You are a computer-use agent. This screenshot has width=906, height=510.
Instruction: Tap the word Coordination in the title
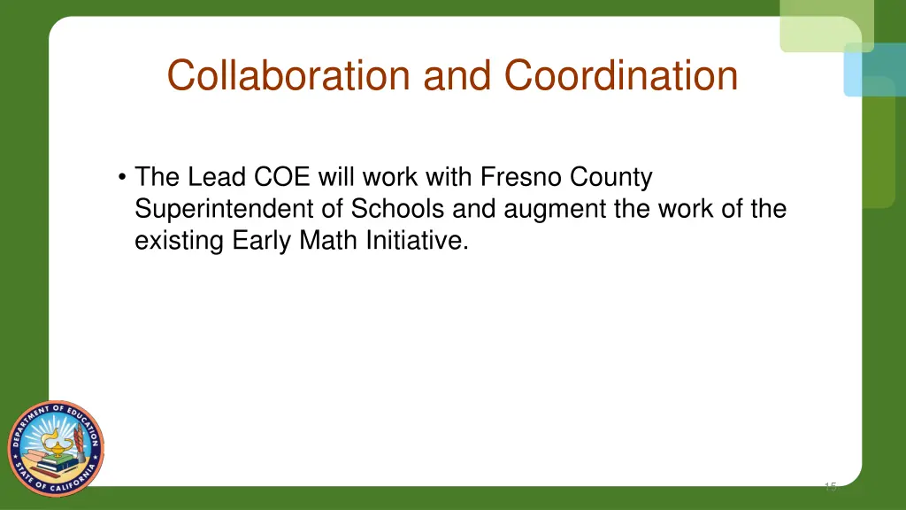coord(621,75)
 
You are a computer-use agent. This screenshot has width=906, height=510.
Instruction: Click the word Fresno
coord(521,178)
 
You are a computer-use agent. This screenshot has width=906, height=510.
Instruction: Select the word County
coord(611,178)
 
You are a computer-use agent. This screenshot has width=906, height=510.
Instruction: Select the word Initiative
coord(415,241)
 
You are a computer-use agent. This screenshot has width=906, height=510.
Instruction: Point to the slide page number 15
coord(829,486)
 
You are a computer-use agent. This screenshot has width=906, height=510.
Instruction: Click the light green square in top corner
coord(825,24)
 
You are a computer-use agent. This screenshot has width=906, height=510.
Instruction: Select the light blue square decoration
coord(873,70)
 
